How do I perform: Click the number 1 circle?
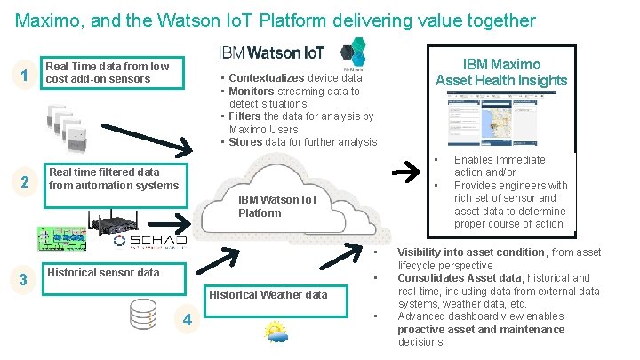26,76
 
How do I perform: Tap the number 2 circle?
26,182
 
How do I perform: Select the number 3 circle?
26,280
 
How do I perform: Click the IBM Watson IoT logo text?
271,53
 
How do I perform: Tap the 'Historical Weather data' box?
268,294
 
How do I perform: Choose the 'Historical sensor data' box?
102,272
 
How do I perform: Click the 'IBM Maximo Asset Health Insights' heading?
501,73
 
